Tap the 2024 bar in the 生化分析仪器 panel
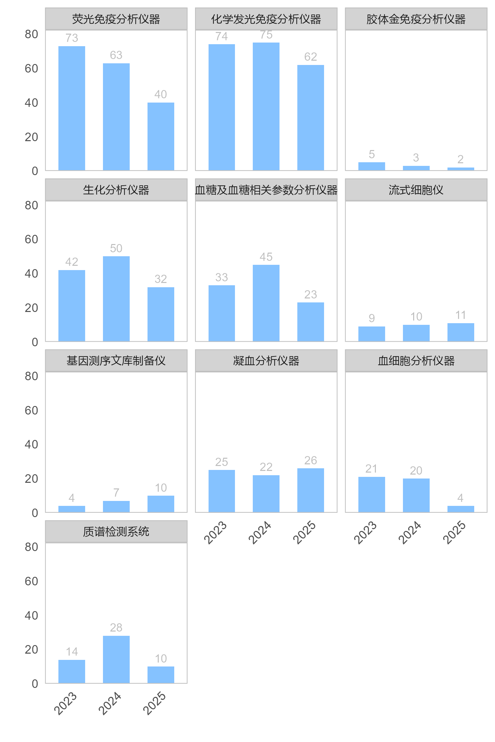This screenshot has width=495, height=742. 116,298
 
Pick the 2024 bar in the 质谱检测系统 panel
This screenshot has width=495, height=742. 116,660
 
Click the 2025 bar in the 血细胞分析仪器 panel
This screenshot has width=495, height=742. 461,509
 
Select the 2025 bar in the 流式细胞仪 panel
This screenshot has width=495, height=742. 461,332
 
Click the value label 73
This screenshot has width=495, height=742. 72,38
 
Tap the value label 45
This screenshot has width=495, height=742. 266,257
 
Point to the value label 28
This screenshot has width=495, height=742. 116,628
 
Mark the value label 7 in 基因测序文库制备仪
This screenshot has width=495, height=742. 116,493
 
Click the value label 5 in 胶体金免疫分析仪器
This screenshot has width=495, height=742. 372,154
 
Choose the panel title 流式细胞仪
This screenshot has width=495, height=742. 416,190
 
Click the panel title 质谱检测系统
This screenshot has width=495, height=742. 116,532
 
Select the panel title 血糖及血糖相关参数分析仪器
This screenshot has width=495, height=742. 266,190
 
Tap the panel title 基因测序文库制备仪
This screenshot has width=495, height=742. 116,361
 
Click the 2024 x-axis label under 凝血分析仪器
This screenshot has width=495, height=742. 260,532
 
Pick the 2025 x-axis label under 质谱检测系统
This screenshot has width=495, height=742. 154,703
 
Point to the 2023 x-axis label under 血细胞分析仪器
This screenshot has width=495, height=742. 365,532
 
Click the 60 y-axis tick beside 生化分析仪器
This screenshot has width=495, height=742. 31,239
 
